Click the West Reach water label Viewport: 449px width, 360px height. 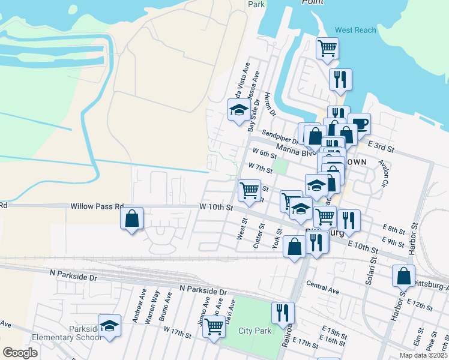[355, 30]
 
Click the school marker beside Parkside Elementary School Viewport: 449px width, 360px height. [109, 327]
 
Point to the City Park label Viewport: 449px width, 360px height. [255, 330]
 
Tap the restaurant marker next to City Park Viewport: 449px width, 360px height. [282, 313]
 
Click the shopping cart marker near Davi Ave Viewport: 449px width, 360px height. [214, 328]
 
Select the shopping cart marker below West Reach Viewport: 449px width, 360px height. [327, 49]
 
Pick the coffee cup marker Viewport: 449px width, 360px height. [360, 124]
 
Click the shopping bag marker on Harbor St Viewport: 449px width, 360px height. [403, 276]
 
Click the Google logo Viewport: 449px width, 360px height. [20, 353]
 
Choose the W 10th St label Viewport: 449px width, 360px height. [216, 208]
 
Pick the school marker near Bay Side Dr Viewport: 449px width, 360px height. [239, 110]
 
